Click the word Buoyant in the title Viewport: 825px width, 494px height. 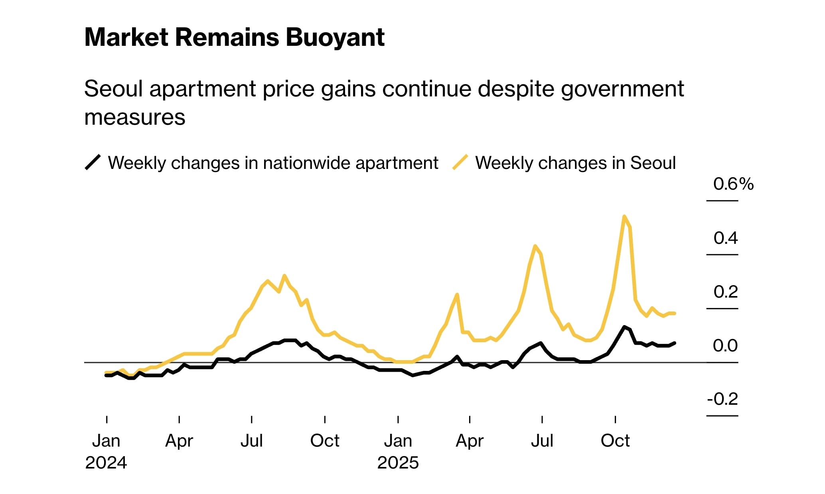coord(335,38)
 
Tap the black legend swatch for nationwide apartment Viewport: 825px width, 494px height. coord(93,163)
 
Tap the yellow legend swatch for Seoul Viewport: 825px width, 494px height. coord(460,163)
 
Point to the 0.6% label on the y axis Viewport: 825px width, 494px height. coord(733,184)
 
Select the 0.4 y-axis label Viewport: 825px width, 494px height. coord(726,238)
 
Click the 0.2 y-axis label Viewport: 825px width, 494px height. coord(726,292)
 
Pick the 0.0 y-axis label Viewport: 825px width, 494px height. coord(725,346)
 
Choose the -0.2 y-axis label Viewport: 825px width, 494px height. coord(722,399)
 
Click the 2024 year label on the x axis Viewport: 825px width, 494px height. coord(106,463)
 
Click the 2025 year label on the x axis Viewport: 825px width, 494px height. coord(398,463)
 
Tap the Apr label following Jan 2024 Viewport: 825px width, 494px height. coord(179,441)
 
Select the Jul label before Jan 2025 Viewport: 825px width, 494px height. coord(251,441)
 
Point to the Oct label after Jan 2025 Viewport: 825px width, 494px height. coord(615,441)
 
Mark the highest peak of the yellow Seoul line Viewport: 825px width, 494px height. coord(624,216)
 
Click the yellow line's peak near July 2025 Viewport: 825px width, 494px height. coord(535,246)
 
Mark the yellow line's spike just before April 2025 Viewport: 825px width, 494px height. coord(457,294)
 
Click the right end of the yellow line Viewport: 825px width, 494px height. coord(674,314)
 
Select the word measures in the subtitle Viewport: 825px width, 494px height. coord(135,118)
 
